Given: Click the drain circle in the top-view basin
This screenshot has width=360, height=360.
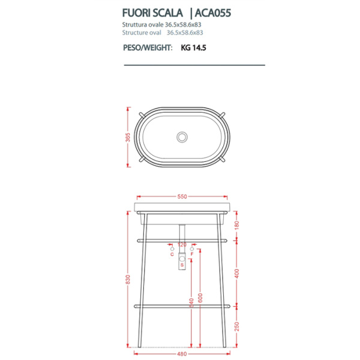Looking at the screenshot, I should pyautogui.click(x=182, y=137).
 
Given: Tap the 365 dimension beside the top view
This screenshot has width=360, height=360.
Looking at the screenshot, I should pyautogui.click(x=128, y=137).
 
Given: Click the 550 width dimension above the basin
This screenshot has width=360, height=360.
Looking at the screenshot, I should pyautogui.click(x=182, y=196).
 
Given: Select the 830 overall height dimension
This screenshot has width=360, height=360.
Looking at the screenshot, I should pyautogui.click(x=128, y=280).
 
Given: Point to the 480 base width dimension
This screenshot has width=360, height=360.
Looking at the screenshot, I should pyautogui.click(x=182, y=353).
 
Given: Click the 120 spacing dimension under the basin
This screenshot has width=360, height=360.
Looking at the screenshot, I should pyautogui.click(x=182, y=244).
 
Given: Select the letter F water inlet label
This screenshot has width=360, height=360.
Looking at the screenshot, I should pyautogui.click(x=192, y=254).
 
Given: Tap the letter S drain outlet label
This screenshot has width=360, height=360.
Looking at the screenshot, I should pyautogui.click(x=181, y=265).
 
